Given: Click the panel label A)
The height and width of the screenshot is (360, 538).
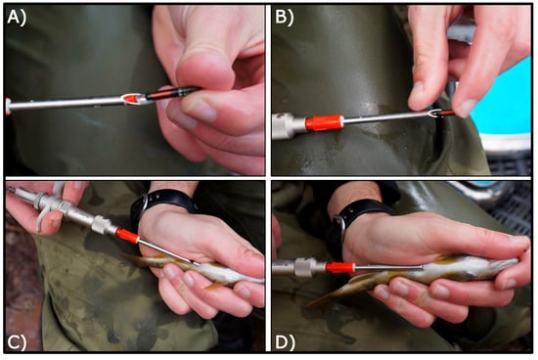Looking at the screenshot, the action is (x=16, y=18).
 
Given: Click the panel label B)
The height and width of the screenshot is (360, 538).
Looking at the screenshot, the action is (x=285, y=18).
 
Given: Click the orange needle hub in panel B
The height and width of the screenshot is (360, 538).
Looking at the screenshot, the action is (x=324, y=123).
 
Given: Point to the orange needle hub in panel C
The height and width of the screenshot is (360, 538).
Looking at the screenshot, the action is (x=127, y=236).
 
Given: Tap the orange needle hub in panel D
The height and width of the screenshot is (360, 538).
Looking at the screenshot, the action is (x=339, y=267).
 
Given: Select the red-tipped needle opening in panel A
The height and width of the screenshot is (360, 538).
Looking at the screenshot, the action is (x=132, y=99).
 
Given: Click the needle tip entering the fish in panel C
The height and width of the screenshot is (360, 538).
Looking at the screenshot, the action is (x=197, y=263).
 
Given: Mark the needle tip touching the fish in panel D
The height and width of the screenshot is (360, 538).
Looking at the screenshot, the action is (x=421, y=266).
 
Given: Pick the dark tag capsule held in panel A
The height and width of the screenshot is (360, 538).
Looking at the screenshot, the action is (x=171, y=93).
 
